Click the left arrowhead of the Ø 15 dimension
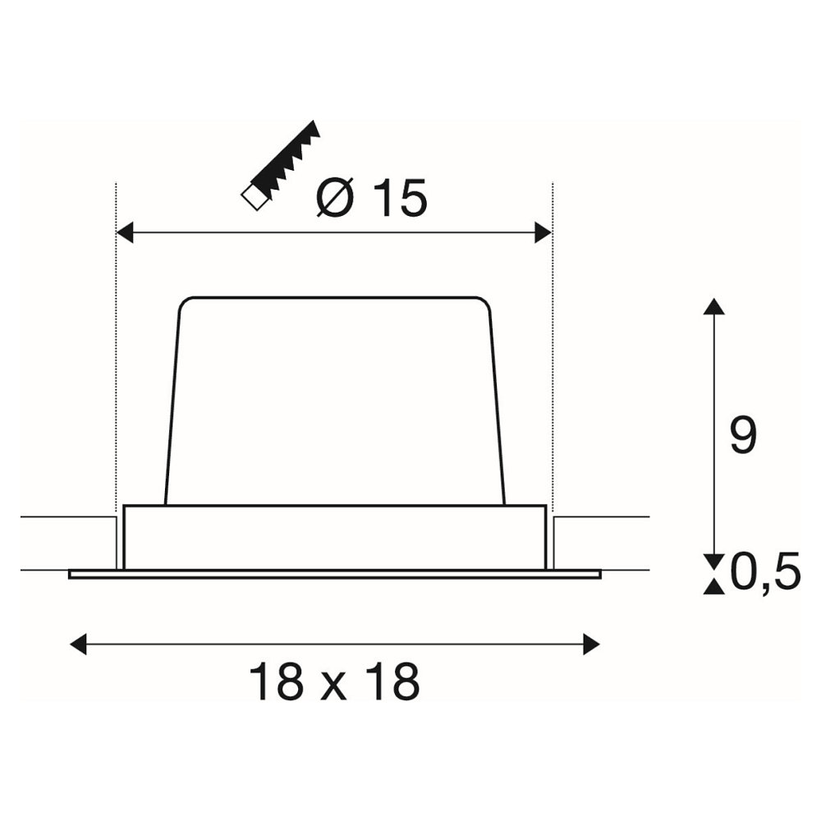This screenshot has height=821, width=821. click(125, 232)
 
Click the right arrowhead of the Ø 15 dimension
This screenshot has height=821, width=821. click(544, 232)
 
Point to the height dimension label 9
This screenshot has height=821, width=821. click(744, 436)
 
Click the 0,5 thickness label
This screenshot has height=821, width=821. click(765, 571)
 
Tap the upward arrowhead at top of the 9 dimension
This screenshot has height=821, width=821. click(714, 306)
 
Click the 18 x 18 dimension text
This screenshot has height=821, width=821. click(334, 681)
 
